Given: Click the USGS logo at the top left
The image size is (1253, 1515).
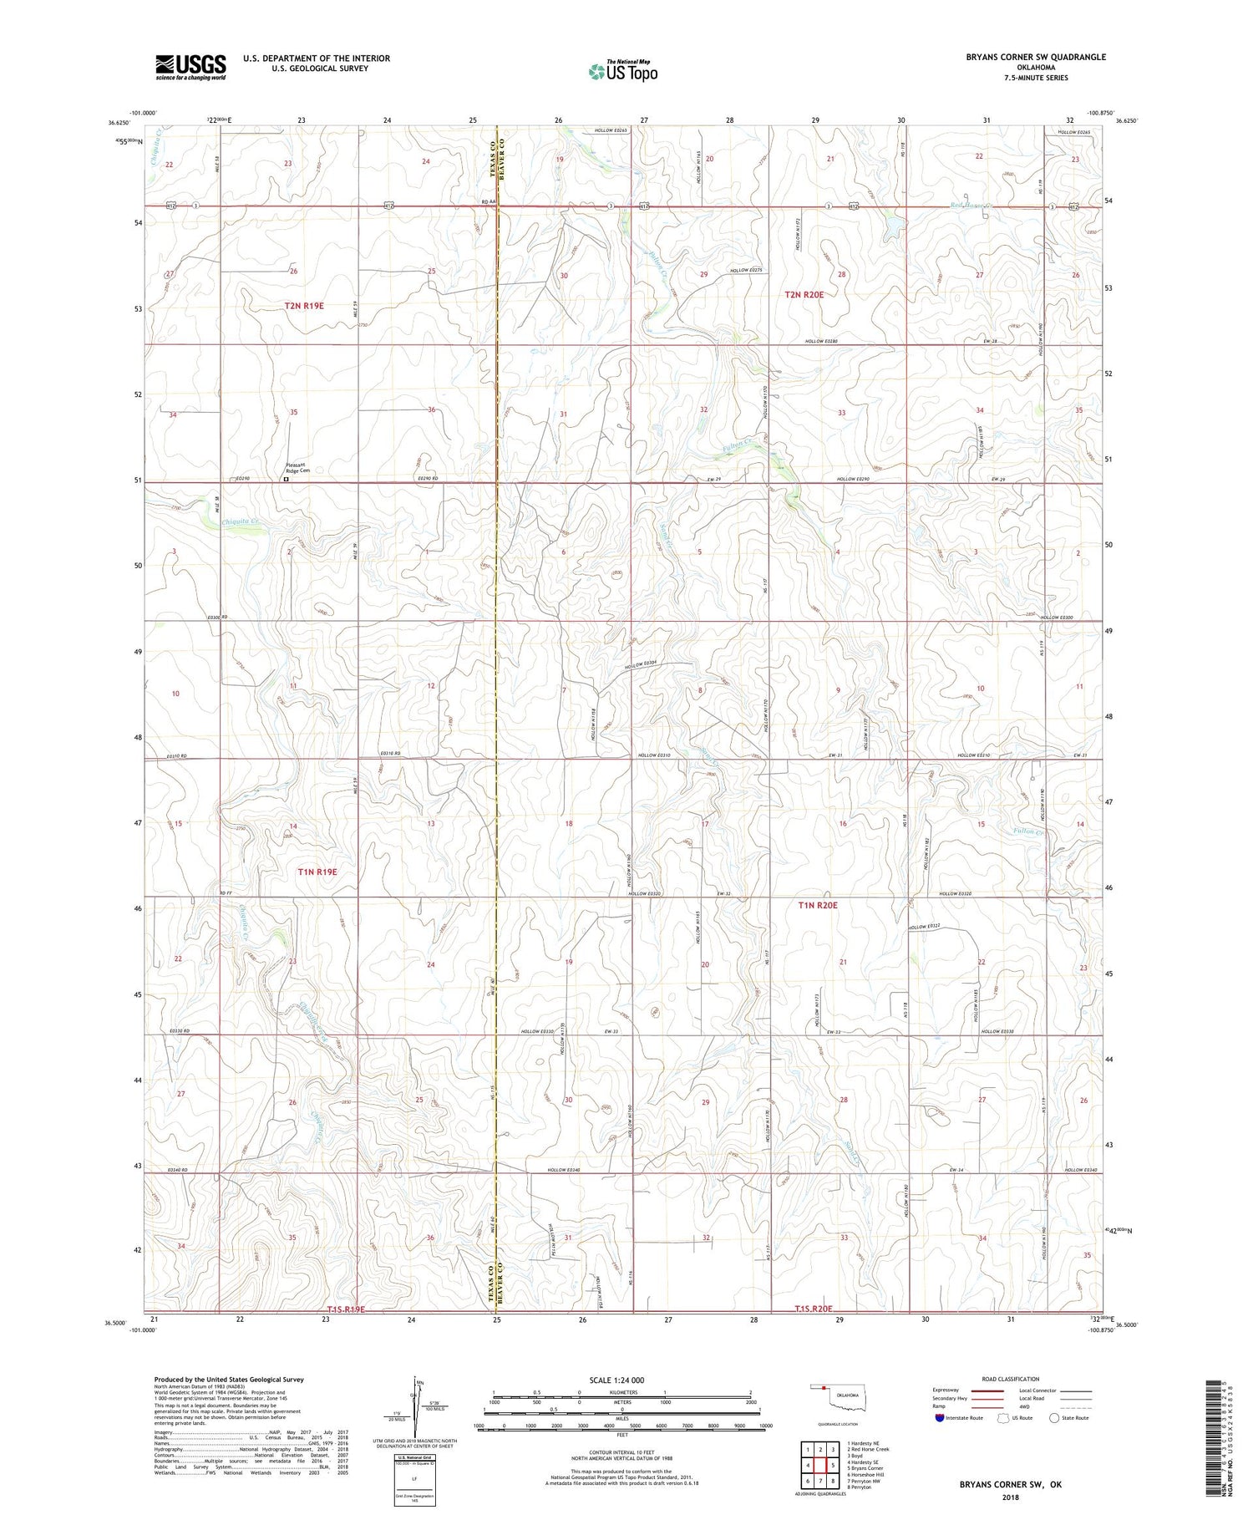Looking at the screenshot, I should click(190, 67).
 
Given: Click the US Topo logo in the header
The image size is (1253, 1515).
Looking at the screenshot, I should click(623, 72).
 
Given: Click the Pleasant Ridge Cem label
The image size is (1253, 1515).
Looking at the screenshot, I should click(298, 469).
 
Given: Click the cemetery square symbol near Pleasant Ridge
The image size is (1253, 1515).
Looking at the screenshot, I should click(286, 480).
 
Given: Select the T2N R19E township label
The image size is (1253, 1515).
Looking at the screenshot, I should click(304, 306).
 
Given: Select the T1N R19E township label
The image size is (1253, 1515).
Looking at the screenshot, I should click(317, 872).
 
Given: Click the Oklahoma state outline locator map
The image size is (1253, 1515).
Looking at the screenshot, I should click(839, 1396).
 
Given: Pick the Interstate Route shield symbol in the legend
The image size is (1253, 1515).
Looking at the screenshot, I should click(941, 1417).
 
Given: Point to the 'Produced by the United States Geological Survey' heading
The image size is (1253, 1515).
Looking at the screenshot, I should click(228, 1380).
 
